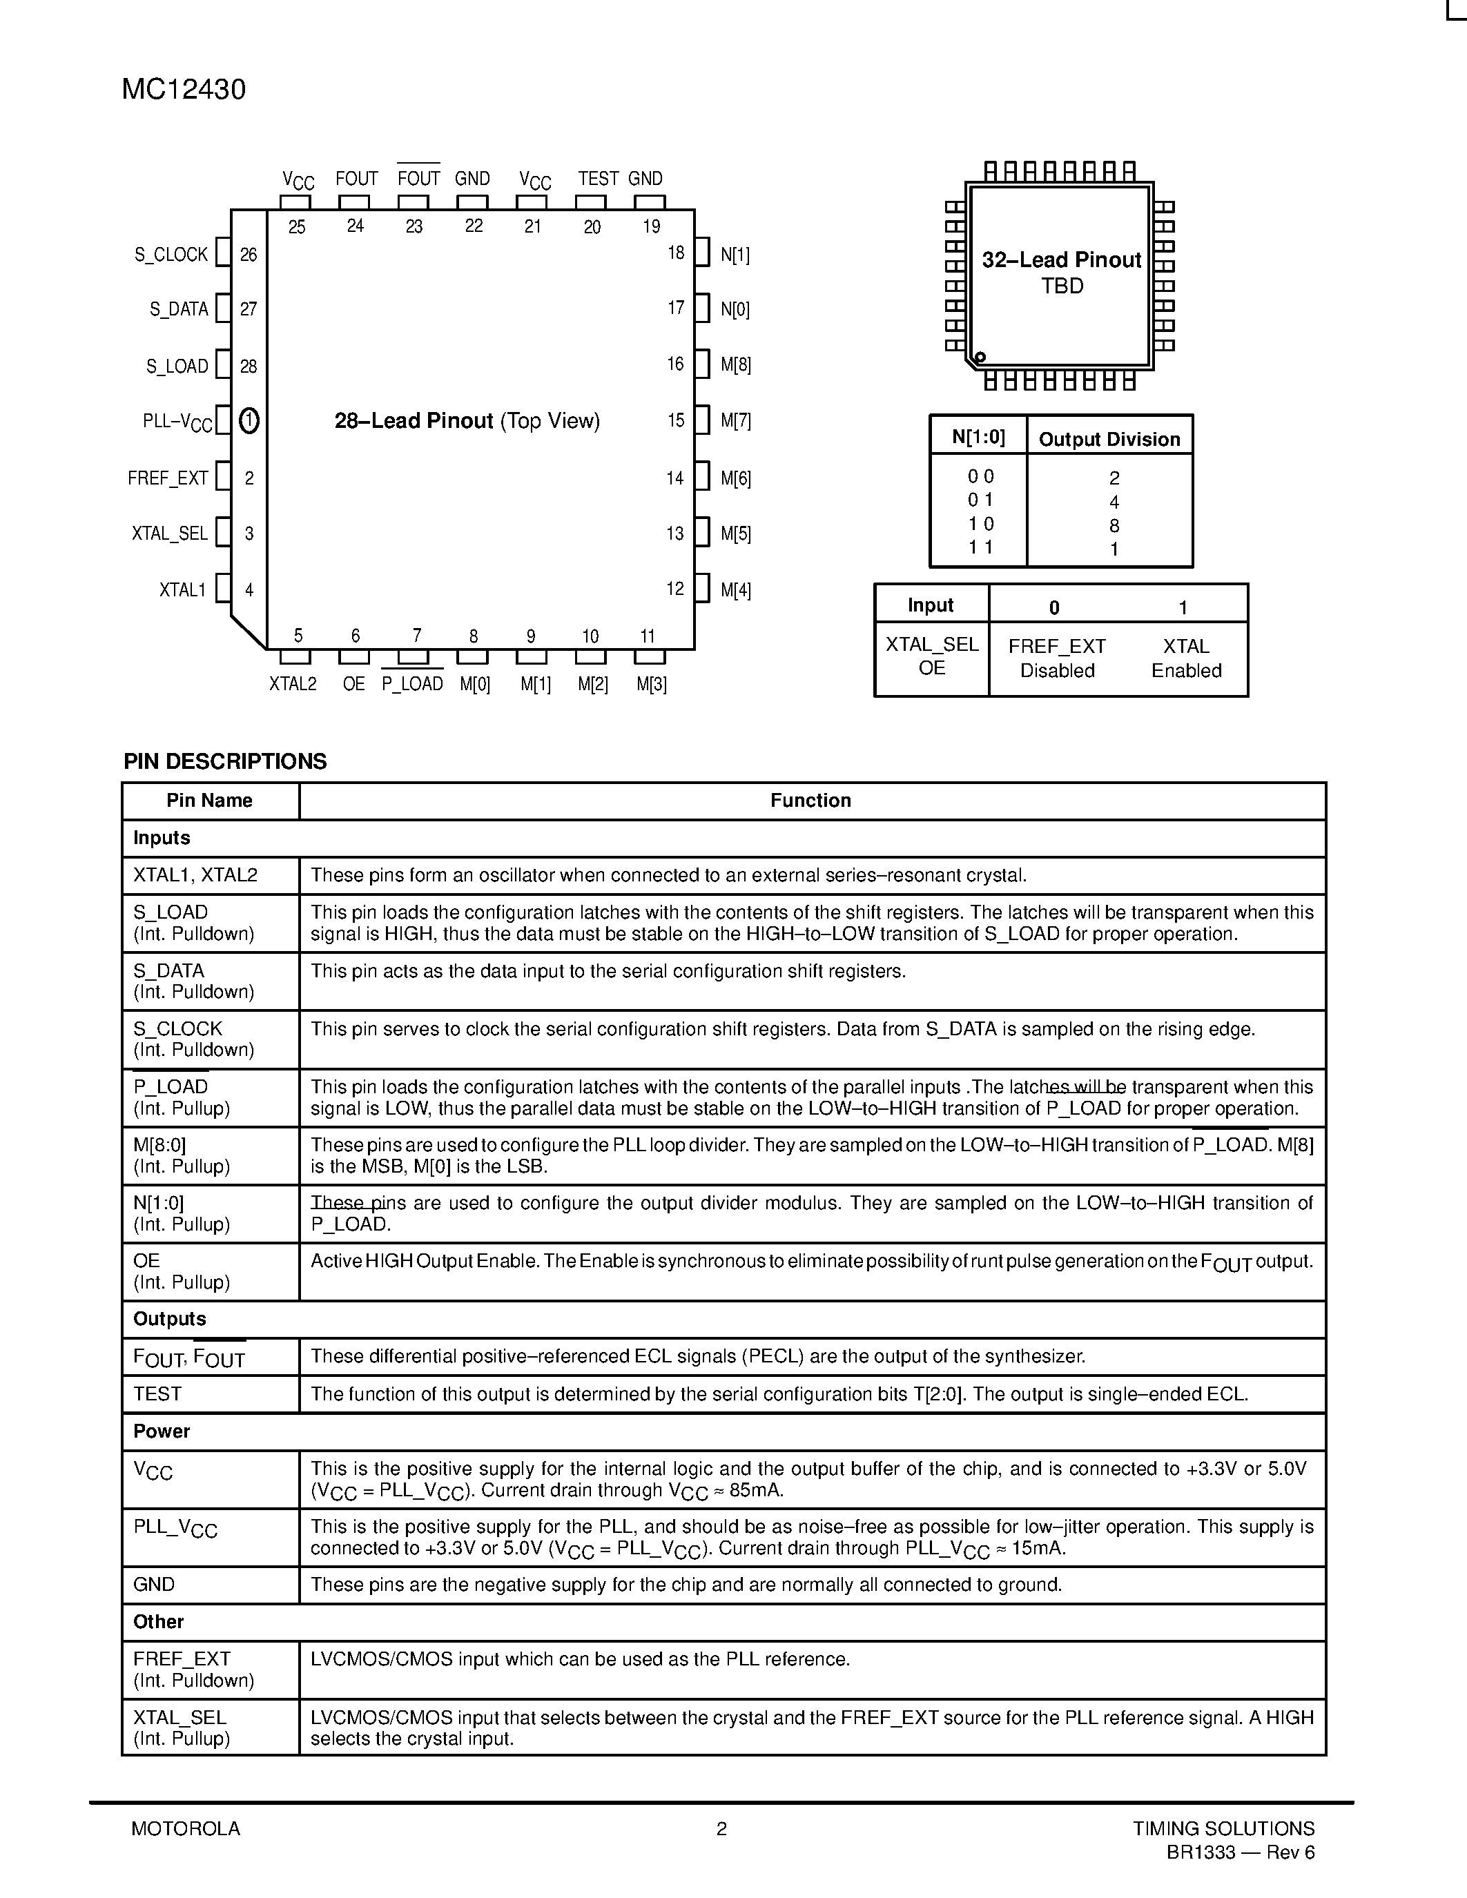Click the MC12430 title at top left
(184, 90)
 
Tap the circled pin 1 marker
(249, 422)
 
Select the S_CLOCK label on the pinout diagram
(171, 255)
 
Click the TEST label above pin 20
(598, 179)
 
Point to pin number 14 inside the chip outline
(675, 478)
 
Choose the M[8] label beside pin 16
(735, 366)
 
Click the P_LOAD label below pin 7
(412, 684)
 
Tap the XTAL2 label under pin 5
(293, 684)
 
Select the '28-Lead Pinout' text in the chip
(414, 422)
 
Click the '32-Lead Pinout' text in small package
(1061, 260)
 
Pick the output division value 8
(1114, 526)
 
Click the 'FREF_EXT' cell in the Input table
(1057, 647)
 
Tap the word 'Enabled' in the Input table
(1186, 671)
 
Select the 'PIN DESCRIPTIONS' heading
(225, 761)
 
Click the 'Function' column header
(810, 801)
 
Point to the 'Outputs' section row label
(169, 1319)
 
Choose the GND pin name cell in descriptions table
(154, 1584)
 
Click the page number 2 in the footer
(721, 1828)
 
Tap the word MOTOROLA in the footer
(185, 1828)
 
